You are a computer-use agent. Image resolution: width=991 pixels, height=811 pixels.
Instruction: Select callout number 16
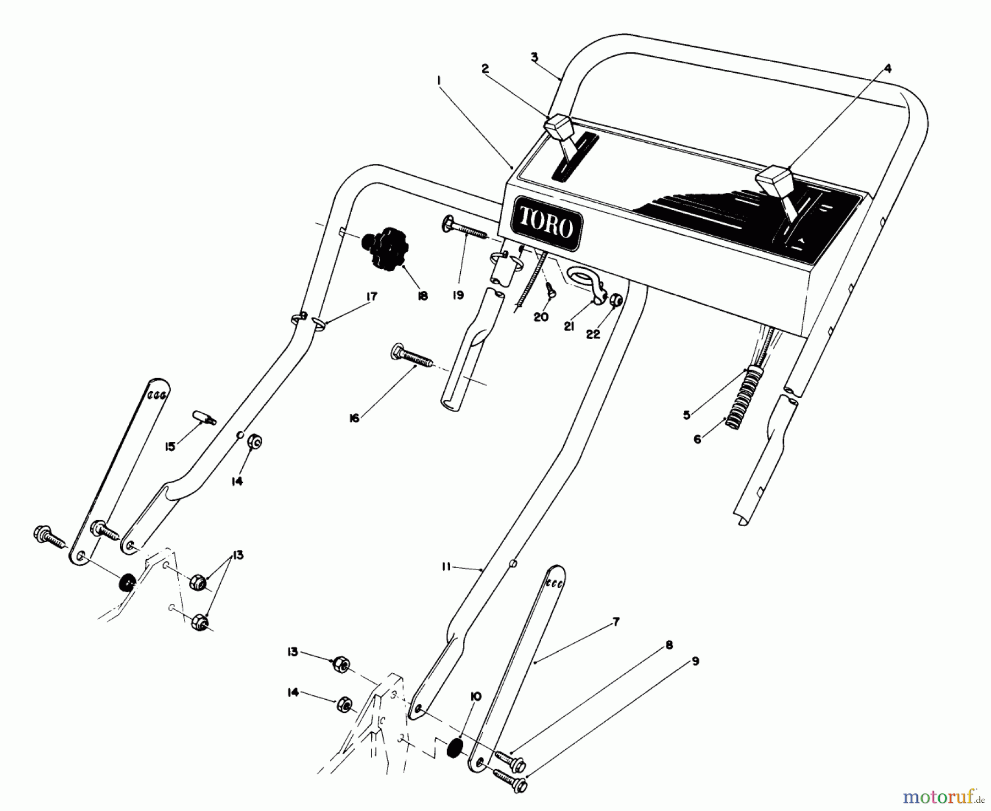click(354, 419)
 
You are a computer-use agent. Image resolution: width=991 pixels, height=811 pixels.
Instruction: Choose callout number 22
click(593, 334)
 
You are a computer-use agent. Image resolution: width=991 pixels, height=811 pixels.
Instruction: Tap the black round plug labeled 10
click(455, 749)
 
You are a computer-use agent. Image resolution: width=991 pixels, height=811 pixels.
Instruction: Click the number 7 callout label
click(616, 622)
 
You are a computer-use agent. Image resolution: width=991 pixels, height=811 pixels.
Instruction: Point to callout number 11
click(446, 566)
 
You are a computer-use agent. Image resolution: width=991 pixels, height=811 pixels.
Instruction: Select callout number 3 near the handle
click(534, 57)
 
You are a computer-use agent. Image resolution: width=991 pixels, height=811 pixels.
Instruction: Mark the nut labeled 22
click(617, 300)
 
